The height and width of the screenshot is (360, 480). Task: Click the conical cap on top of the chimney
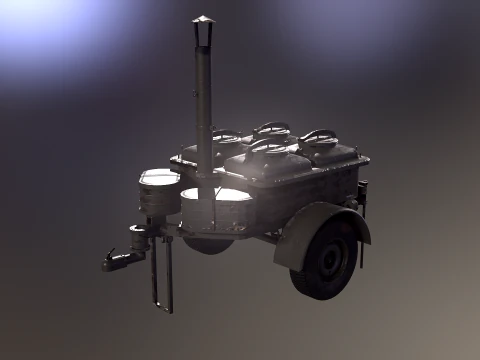click(203, 21)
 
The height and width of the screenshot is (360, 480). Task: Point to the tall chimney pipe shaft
click(203, 100)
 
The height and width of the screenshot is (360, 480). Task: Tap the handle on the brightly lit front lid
click(268, 148)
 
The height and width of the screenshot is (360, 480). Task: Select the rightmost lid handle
click(320, 135)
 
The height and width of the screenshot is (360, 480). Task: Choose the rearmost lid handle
click(271, 127)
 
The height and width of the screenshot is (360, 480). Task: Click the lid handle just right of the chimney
click(229, 136)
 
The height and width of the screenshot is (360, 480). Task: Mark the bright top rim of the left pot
click(159, 177)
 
